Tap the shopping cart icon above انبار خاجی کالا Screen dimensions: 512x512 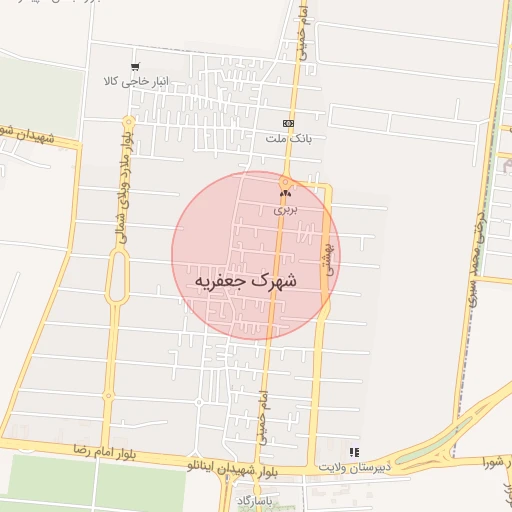tap(135, 67)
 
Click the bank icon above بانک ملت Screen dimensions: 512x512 tap(289, 122)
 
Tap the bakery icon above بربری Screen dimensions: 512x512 tap(285, 194)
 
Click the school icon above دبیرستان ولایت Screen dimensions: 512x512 tap(352, 452)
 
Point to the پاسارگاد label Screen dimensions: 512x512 tap(254, 497)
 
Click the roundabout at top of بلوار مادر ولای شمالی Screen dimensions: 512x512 tap(129, 121)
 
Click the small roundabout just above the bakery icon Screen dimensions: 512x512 tap(285, 181)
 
